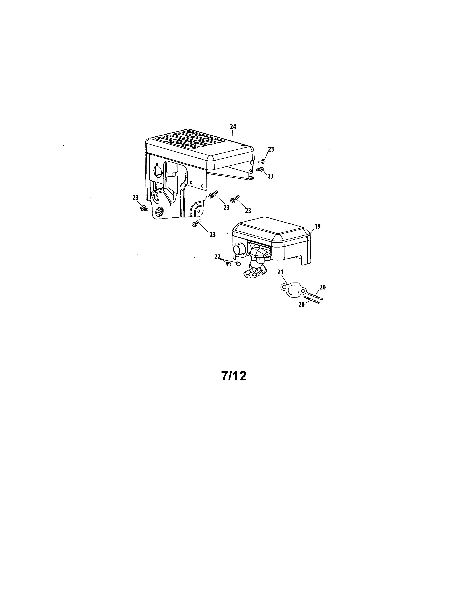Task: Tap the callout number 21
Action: pos(280,272)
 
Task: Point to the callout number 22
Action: pos(217,257)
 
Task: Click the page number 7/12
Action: pos(234,376)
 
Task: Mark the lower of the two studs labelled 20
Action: pos(312,300)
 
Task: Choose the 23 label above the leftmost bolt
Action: pos(135,197)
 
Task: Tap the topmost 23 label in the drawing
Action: pos(271,149)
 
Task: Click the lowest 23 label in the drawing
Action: pos(212,235)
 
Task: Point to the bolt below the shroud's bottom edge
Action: pos(196,223)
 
